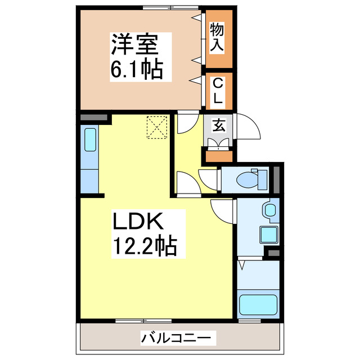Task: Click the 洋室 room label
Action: (x=133, y=43)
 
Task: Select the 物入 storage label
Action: (x=218, y=38)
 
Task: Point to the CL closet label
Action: (x=218, y=91)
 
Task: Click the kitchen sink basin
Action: (x=91, y=141)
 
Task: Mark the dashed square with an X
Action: (x=157, y=127)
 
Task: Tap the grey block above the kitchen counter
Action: (x=93, y=118)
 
